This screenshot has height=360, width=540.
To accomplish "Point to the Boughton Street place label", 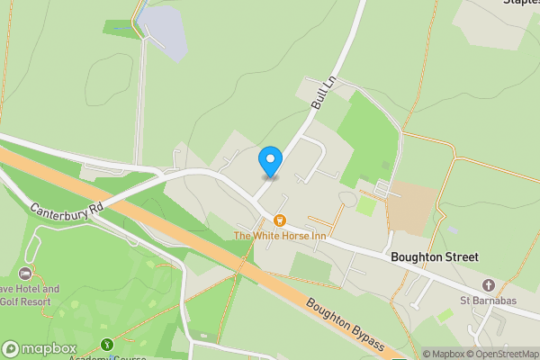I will tap(434, 257).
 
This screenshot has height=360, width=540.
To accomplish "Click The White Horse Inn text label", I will tap(280, 236).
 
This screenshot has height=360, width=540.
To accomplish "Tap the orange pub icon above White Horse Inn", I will tap(280, 220).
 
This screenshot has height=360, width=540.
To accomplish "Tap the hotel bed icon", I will tap(24, 274).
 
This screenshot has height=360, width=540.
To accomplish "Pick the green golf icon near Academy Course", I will tap(107, 344).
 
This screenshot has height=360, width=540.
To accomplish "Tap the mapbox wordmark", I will tap(49, 348).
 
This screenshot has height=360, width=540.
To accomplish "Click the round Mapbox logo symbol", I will tap(11, 348).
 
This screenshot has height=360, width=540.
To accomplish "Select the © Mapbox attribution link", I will tap(443, 354).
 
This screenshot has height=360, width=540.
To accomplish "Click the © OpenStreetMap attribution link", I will tap(504, 354).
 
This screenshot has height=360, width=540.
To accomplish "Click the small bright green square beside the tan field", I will tap(365, 205).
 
